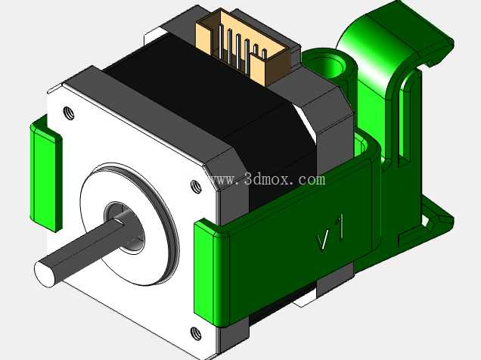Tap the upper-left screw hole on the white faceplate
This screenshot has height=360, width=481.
pos(69,113)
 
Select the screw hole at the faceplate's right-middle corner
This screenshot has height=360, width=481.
pos(196,187)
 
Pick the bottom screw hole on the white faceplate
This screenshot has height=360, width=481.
pos(196,334)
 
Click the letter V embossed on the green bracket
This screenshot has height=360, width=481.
pos(324,241)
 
